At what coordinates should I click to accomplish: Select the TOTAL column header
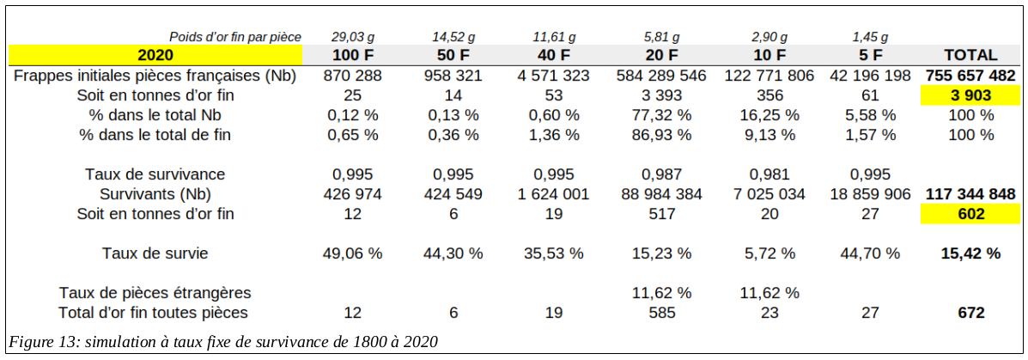[x=970, y=55]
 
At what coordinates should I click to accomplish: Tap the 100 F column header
[x=353, y=55]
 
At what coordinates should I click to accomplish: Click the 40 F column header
[x=553, y=55]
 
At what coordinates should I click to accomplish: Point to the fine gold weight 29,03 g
[x=353, y=37]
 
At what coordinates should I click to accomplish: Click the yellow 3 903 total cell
[x=970, y=95]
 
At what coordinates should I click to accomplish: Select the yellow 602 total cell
[x=970, y=214]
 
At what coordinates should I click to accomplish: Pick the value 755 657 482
[x=970, y=76]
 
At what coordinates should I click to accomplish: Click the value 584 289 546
[x=661, y=76]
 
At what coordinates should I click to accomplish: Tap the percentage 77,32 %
[x=661, y=115]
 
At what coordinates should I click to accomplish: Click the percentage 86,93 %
[x=661, y=135]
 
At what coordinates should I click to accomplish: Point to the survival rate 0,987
[x=661, y=174]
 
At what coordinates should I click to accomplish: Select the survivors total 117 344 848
[x=970, y=194]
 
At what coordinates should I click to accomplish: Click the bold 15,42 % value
[x=970, y=253]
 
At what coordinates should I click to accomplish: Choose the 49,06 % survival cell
[x=353, y=253]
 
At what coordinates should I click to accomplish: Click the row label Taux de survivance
[x=155, y=174]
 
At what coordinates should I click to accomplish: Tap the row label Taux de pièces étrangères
[x=155, y=293]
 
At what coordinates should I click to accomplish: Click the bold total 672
[x=970, y=313]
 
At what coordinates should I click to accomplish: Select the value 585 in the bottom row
[x=661, y=313]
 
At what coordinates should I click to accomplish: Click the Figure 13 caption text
[x=223, y=342]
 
